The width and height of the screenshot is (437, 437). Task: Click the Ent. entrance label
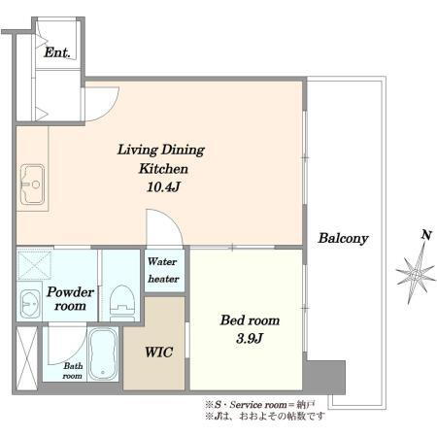(57, 52)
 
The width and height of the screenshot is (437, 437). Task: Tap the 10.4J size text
(163, 187)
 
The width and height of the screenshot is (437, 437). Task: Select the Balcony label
(344, 239)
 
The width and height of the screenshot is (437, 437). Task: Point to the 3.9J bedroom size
(250, 339)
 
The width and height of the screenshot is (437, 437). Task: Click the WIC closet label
(158, 353)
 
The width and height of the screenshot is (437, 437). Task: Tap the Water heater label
(163, 270)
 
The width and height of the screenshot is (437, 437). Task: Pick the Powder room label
(70, 299)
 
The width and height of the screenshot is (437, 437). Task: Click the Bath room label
(73, 371)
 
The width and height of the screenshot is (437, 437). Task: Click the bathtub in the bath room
(103, 354)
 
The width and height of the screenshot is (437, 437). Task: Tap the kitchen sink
(32, 185)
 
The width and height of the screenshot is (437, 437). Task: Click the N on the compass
(426, 235)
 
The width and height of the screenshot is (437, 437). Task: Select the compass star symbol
(416, 274)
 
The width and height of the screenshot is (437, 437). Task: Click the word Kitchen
(163, 169)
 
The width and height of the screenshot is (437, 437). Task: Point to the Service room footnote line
(260, 405)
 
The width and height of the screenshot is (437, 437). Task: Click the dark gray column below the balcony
(324, 377)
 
